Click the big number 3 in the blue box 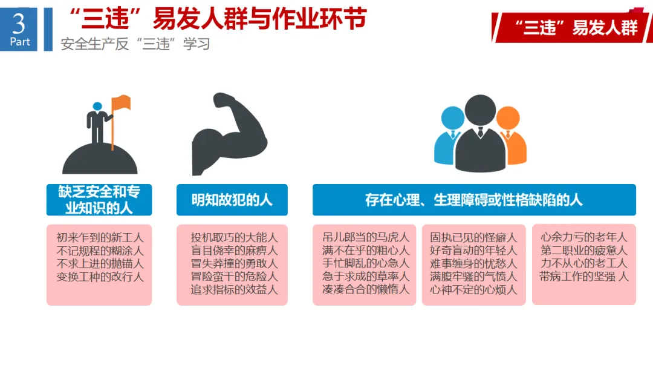[19, 24]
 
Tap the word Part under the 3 [20, 42]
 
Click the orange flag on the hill [121, 103]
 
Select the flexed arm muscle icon [229, 134]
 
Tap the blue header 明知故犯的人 [232, 200]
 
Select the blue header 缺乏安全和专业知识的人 [99, 200]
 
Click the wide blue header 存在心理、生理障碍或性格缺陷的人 [474, 200]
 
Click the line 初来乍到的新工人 [100, 237]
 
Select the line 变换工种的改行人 [100, 277]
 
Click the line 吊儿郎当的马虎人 [366, 237]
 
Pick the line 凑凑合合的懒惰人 [366, 289]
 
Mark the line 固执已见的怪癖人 [473, 237]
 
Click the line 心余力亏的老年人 [583, 237]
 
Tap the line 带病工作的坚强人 [583, 277]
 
